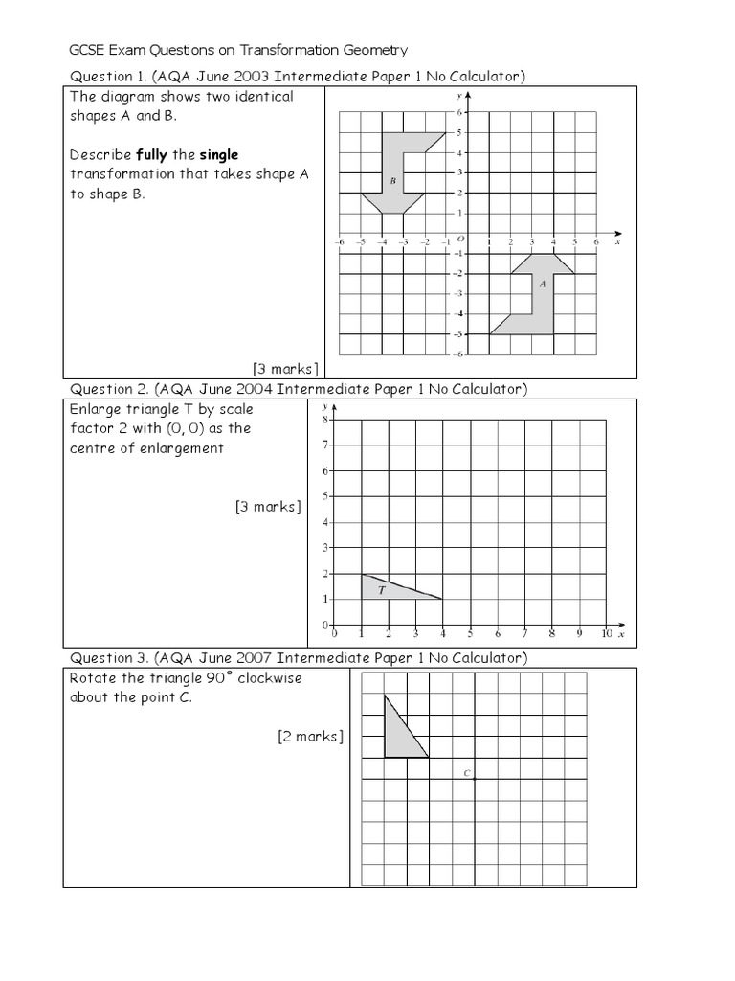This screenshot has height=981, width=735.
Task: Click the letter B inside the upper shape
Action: point(392,180)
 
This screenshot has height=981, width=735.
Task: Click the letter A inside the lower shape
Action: point(543,284)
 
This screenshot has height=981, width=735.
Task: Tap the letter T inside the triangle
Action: point(382,590)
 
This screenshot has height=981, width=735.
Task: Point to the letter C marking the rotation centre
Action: point(466,773)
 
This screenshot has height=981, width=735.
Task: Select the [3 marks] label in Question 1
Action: point(285,368)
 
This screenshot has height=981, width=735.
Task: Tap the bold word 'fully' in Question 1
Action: point(153,154)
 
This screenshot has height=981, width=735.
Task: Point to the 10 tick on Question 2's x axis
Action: point(607,634)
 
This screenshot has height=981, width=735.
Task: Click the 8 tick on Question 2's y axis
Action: point(325,420)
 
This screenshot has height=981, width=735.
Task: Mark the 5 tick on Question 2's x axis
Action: point(470,634)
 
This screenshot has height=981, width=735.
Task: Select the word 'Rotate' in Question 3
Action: point(93,678)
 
